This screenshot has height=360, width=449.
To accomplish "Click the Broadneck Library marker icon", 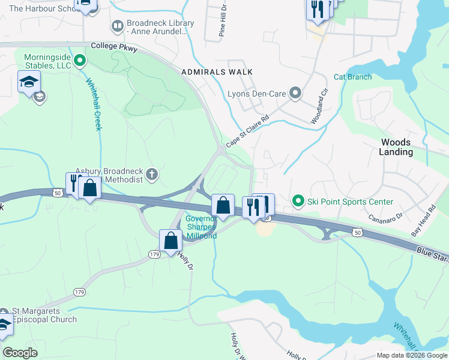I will point(117,26).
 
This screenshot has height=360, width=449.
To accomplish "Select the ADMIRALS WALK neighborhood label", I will point(217,72).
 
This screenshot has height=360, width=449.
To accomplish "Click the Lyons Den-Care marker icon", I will point(295,93).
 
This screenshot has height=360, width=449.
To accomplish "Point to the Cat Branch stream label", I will point(352,77).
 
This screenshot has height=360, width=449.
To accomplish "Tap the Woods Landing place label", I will point(396,147).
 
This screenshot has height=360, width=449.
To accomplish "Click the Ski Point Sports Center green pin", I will point(297,202).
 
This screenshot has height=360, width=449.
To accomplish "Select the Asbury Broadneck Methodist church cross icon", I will point(152,175).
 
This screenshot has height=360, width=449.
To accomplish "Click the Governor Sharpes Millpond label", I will point(200,227).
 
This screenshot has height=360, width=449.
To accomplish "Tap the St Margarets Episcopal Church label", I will point(44,316).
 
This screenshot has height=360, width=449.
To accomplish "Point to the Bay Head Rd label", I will point(431,220).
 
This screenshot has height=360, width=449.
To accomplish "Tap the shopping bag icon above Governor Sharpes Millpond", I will point(223,205).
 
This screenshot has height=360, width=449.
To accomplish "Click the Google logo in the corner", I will point(20,353).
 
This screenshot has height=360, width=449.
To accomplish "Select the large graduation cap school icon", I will point(29,82).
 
